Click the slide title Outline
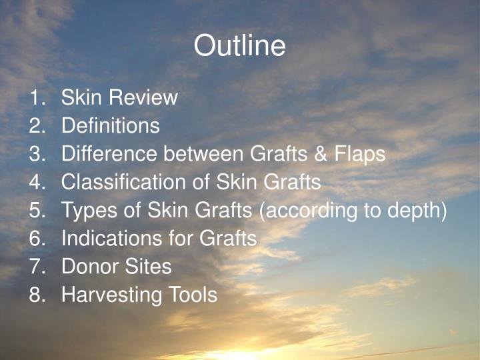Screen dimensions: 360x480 click(239, 47)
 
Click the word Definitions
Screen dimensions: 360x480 click(110, 126)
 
